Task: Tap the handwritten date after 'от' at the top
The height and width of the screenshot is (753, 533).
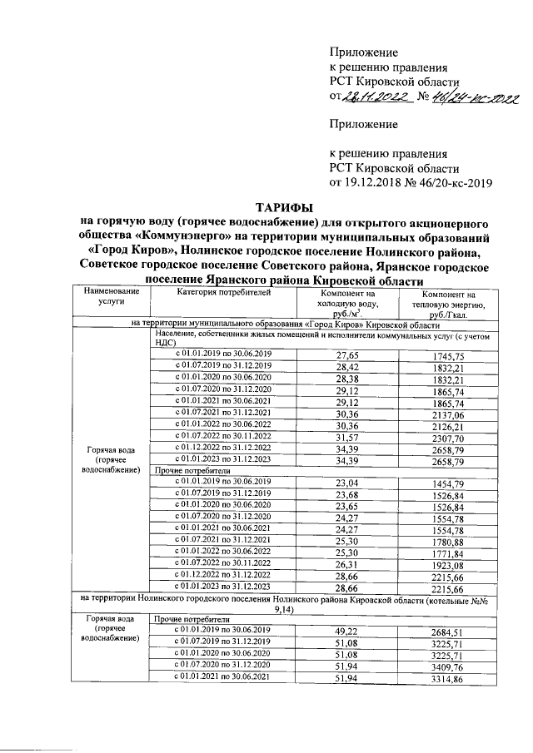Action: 375,99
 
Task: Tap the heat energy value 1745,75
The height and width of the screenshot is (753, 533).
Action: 448,379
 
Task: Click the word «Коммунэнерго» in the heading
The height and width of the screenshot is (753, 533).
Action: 188,238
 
